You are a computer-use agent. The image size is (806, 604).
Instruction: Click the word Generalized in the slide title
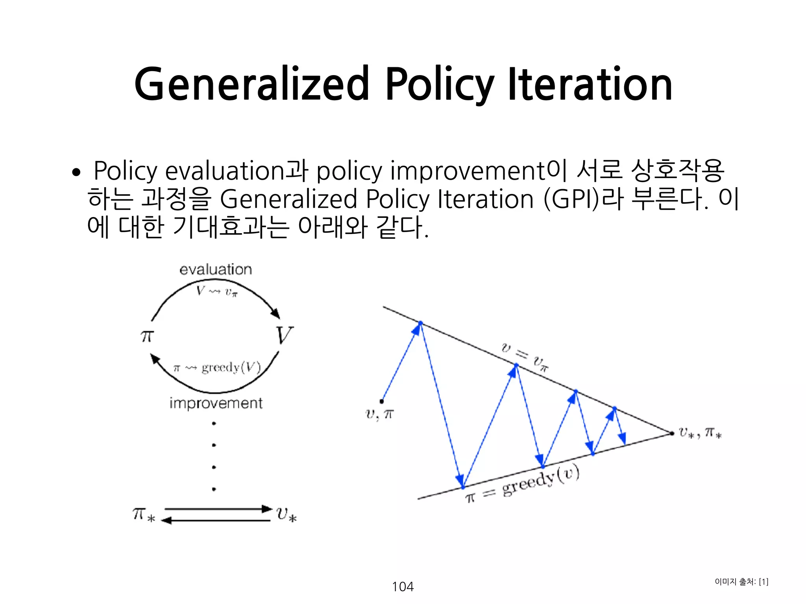pyautogui.click(x=252, y=85)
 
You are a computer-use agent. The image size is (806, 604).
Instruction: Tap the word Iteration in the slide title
pyautogui.click(x=590, y=85)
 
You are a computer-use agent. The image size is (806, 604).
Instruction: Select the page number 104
pyautogui.click(x=403, y=587)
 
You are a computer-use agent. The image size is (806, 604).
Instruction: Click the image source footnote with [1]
pyautogui.click(x=741, y=582)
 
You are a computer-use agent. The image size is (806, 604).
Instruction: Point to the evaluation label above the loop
pyautogui.click(x=216, y=270)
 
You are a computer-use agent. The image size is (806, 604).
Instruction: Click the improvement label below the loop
pyautogui.click(x=216, y=403)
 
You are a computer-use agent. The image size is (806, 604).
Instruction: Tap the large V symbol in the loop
pyautogui.click(x=284, y=335)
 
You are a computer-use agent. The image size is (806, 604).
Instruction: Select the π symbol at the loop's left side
pyautogui.click(x=147, y=336)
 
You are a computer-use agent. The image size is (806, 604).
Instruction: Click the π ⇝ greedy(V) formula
pyautogui.click(x=217, y=368)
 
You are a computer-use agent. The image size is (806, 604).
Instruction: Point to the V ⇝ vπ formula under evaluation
pyautogui.click(x=217, y=291)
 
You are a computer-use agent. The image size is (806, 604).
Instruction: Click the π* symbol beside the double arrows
pyautogui.click(x=144, y=514)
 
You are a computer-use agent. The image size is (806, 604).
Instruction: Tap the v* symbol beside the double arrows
pyautogui.click(x=286, y=514)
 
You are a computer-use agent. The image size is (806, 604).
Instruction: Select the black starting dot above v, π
pyautogui.click(x=382, y=401)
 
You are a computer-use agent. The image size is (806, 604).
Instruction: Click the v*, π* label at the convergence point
pyautogui.click(x=700, y=433)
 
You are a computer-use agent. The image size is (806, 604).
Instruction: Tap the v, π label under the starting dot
pyautogui.click(x=379, y=414)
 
